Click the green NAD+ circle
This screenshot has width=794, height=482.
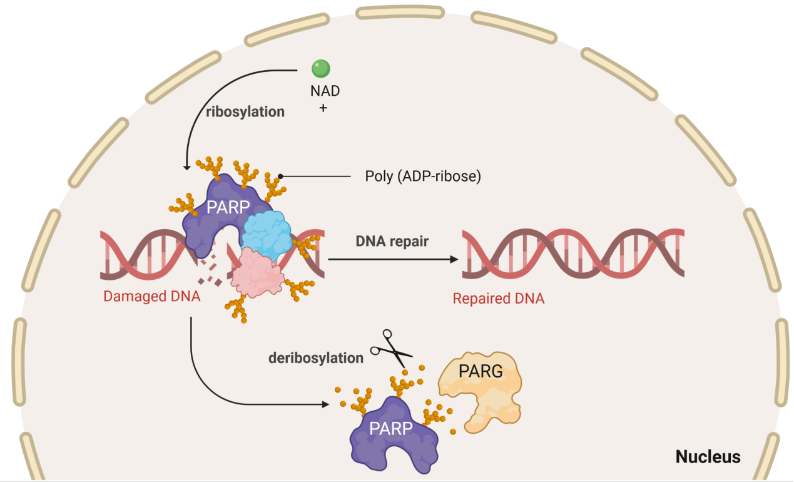coord(320,68)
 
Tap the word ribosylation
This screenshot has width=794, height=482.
coord(245,112)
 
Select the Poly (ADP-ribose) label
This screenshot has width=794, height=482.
coord(423,177)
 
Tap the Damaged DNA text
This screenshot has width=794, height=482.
coord(152,297)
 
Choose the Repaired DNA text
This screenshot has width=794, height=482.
coord(498,298)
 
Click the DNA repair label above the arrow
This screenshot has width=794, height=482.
coord(392,241)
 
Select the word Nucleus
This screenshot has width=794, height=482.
coord(708,457)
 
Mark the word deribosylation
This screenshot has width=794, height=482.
coord(316,358)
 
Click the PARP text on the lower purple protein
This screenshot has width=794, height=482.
coord(390,429)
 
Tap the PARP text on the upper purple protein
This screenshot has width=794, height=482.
coord(228,207)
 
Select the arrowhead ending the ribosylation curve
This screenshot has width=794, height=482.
coord(186,167)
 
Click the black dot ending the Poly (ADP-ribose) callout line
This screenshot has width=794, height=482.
coord(281,177)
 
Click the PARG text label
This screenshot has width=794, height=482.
coord(481,371)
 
